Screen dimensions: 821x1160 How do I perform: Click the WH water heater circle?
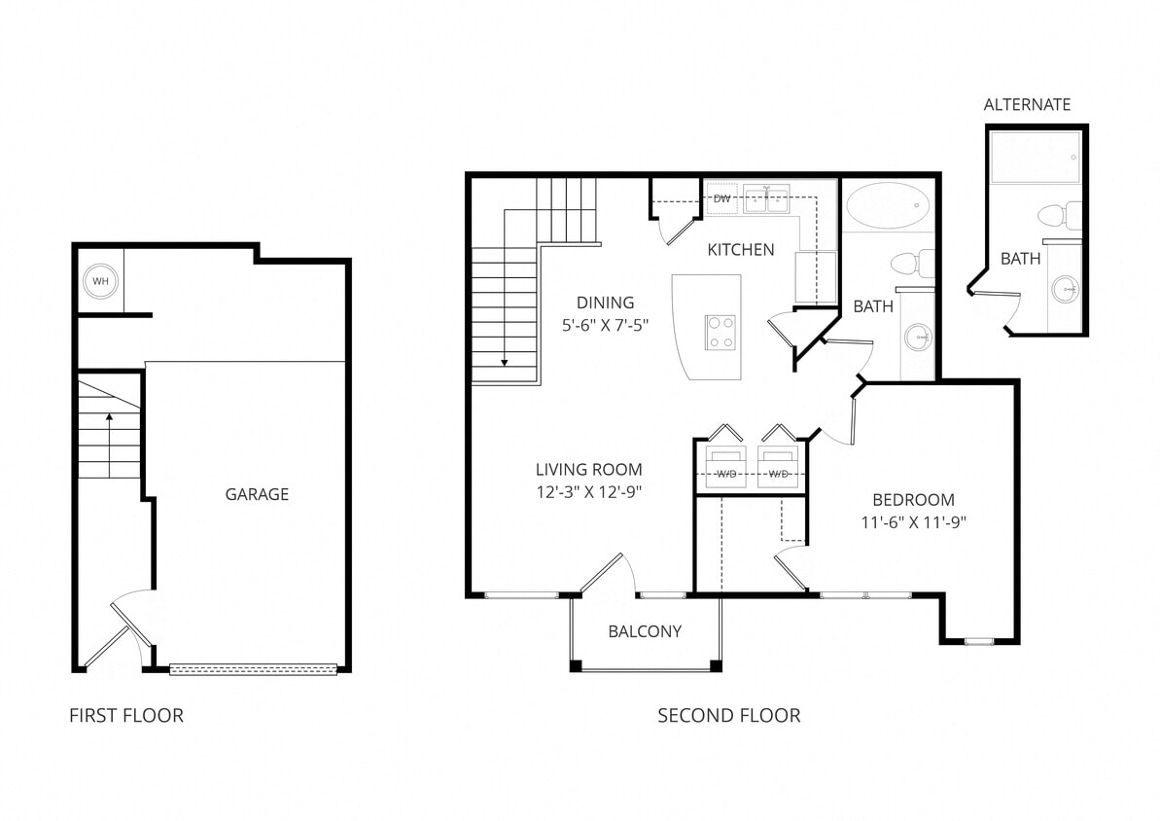[x=99, y=282]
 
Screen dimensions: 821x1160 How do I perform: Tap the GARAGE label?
[x=257, y=494]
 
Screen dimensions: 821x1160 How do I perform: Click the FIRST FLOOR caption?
[x=126, y=716]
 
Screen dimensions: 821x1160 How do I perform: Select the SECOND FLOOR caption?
[x=728, y=716]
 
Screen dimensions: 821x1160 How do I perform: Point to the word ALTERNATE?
[x=1027, y=105]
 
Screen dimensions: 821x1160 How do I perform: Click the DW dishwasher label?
[x=721, y=198]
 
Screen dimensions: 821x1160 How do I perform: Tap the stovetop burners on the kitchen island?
[x=720, y=333]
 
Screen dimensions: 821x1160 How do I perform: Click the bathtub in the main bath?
[x=887, y=205]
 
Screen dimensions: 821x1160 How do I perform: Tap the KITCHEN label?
[x=741, y=250]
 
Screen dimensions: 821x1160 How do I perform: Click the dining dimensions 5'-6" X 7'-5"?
[x=605, y=326]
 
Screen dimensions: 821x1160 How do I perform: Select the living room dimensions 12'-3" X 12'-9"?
[x=588, y=492]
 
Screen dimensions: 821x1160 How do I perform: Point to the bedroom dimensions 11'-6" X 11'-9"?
[x=913, y=521]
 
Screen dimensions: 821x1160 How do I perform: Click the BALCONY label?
[x=645, y=631]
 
